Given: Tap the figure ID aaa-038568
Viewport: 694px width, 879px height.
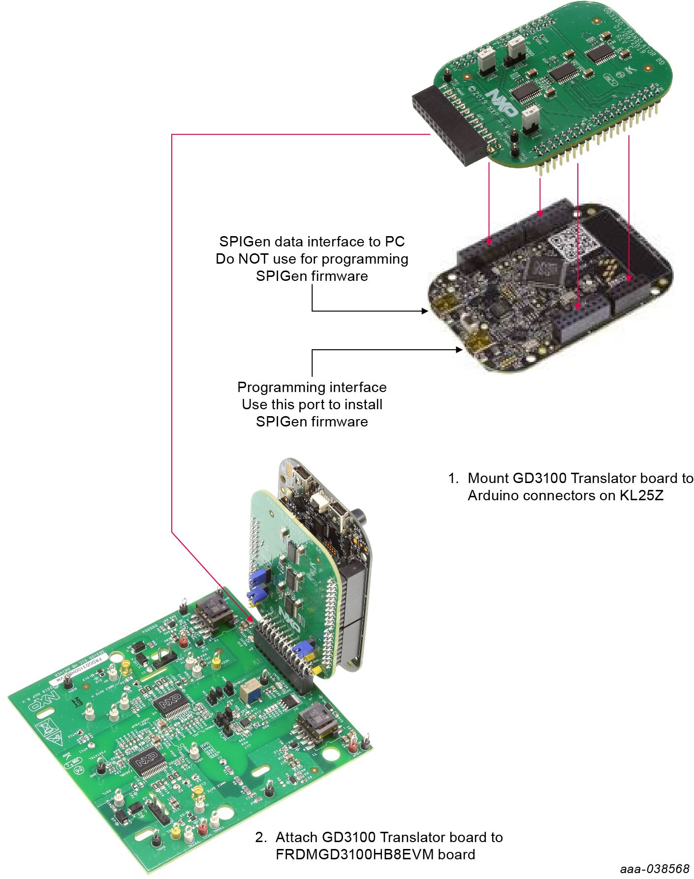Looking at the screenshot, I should (654, 869).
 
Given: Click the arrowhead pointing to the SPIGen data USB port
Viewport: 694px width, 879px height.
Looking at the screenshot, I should (425, 311).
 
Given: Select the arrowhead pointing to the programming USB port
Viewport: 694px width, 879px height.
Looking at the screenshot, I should (459, 350).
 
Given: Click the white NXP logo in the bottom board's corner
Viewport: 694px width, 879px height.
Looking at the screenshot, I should (43, 702).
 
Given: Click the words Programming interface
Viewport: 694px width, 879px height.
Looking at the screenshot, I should (312, 387).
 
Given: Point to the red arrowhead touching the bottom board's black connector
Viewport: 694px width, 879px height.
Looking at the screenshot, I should (251, 618).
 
